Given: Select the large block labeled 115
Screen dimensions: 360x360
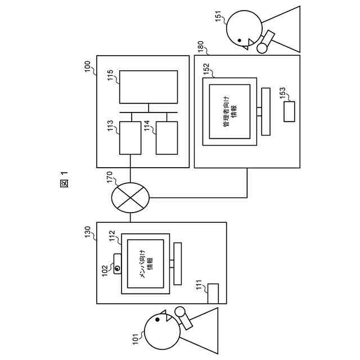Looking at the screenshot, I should coord(148,87).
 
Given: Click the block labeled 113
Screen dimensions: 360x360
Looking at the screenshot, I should coord(130,137).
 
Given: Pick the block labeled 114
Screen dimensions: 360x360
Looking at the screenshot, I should coord(166,137).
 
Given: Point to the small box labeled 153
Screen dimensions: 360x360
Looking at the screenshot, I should coord(289,111).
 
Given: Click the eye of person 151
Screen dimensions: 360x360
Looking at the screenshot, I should coord(240,40).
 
